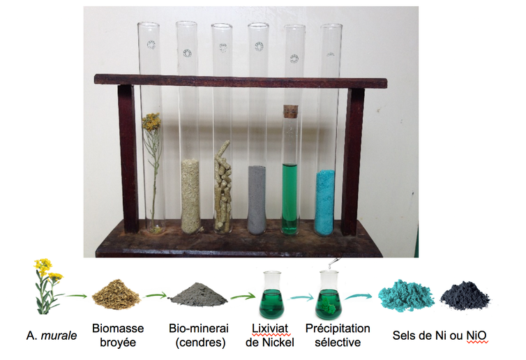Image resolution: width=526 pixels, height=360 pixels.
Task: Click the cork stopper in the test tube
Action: (x=290, y=112)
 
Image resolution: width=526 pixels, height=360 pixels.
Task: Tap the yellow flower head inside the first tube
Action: (x=151, y=121)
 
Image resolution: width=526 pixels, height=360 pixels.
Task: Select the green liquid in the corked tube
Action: (x=290, y=199)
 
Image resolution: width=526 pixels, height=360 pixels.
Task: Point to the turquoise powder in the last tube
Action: (x=324, y=202)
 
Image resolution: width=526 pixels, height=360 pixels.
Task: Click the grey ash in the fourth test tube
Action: (x=257, y=200)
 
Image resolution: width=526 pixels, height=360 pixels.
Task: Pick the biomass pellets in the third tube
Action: (x=223, y=187)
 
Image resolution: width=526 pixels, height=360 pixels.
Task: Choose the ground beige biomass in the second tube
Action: (x=190, y=197)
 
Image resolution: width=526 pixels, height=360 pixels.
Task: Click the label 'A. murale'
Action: (x=52, y=335)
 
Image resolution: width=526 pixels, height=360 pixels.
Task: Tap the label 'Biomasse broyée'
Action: (x=118, y=335)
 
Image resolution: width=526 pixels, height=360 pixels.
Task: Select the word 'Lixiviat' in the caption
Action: (x=270, y=328)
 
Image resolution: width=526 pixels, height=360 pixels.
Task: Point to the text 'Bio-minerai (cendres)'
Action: (x=199, y=335)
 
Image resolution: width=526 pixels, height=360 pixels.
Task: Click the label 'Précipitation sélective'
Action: (x=338, y=335)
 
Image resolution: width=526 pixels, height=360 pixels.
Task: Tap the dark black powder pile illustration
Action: (x=465, y=296)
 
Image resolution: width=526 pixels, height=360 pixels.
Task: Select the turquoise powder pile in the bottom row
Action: (x=405, y=295)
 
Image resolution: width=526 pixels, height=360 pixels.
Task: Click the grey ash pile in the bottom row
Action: (x=199, y=295)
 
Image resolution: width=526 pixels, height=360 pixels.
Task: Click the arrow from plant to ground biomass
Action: (x=76, y=296)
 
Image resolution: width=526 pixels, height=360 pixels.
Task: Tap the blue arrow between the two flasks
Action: (x=302, y=297)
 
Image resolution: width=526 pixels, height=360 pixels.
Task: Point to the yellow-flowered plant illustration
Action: (x=47, y=286)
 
